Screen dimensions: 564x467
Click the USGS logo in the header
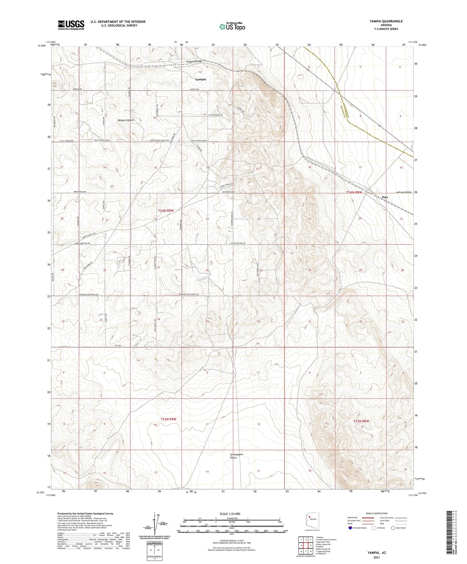point(71,25)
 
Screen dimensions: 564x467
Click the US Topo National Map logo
point(232,26)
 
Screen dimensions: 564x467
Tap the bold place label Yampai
point(200,79)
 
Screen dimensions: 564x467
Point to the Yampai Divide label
point(194,62)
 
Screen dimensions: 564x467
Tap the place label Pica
point(385,197)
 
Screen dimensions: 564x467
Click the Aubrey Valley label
point(404,192)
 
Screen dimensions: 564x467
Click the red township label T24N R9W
point(165,211)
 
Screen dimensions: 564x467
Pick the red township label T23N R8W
point(361,421)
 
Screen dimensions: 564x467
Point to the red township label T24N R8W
point(355,193)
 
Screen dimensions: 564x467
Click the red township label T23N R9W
point(168,419)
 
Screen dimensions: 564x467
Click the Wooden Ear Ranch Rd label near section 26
point(189,294)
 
